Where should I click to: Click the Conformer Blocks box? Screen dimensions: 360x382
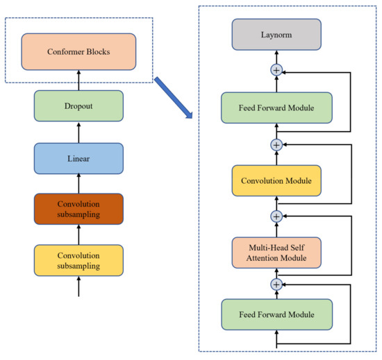[78, 51]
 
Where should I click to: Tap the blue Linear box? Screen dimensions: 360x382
[78, 159]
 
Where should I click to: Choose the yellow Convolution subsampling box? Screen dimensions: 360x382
[78, 261]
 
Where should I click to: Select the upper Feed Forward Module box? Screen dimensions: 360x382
[276, 109]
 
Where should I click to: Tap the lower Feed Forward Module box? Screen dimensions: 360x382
[276, 314]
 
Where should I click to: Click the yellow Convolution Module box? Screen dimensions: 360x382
[276, 181]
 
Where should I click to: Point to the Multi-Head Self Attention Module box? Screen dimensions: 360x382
[276, 252]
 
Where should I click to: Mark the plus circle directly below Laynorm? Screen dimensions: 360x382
[276, 70]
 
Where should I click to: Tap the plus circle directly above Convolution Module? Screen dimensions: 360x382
[276, 144]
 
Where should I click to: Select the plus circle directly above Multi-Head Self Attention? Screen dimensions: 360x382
[276, 216]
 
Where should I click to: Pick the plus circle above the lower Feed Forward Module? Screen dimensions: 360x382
[276, 284]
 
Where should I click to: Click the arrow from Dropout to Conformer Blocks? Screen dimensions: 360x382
[78, 80]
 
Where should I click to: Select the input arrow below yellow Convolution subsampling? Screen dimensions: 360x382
[78, 287]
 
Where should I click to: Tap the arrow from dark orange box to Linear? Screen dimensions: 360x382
[78, 185]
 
